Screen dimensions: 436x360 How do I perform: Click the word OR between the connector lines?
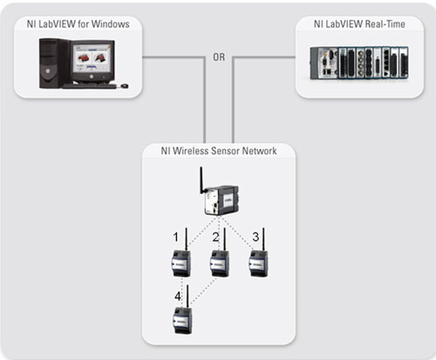pyautogui.click(x=219, y=57)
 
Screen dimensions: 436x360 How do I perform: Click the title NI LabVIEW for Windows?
pyautogui.click(x=78, y=24)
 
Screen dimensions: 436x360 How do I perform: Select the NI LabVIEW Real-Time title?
pyautogui.click(x=359, y=24)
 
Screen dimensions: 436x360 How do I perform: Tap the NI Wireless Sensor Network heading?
pyautogui.click(x=219, y=151)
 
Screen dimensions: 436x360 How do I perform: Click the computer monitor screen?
pyautogui.click(x=92, y=58)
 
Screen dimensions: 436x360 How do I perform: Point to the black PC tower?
pyautogui.click(x=54, y=63)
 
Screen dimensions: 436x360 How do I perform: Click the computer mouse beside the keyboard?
pyautogui.click(x=124, y=85)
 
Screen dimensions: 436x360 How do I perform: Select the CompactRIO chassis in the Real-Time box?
pyautogui.click(x=359, y=63)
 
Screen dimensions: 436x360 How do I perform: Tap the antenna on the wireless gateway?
pyautogui.click(x=201, y=180)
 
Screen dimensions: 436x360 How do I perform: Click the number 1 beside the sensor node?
pyautogui.click(x=175, y=237)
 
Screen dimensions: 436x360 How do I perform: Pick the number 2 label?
pyautogui.click(x=215, y=237)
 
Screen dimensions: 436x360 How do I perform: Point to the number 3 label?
pyautogui.click(x=255, y=237)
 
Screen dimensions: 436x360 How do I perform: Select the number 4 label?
pyautogui.click(x=178, y=296)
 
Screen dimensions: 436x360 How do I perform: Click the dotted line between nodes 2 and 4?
pyautogui.click(x=204, y=292)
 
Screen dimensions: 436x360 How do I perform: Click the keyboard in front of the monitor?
pyautogui.click(x=89, y=86)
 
